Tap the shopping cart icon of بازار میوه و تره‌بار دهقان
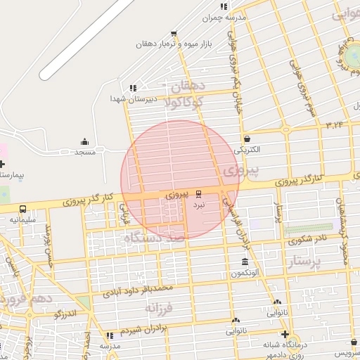click(x=174, y=33)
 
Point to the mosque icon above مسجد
click(x=85, y=141)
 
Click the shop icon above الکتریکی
click(x=247, y=139)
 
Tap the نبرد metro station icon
click(x=199, y=193)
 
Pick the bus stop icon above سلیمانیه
click(x=23, y=209)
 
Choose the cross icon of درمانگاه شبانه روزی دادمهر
click(x=284, y=334)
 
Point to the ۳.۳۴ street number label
click(x=334, y=124)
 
